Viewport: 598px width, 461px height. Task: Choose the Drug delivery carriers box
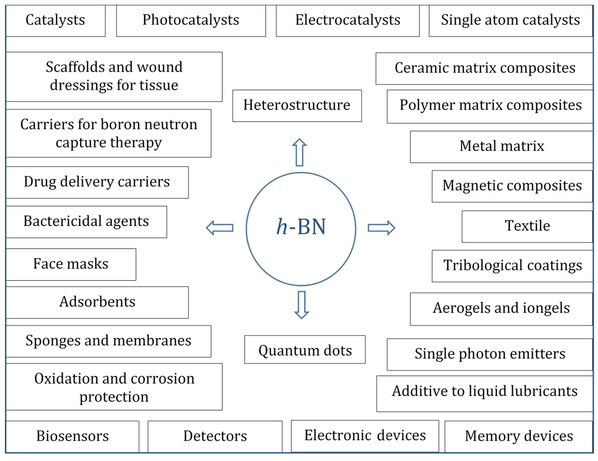click(x=97, y=182)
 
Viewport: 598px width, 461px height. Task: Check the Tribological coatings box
click(x=513, y=266)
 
